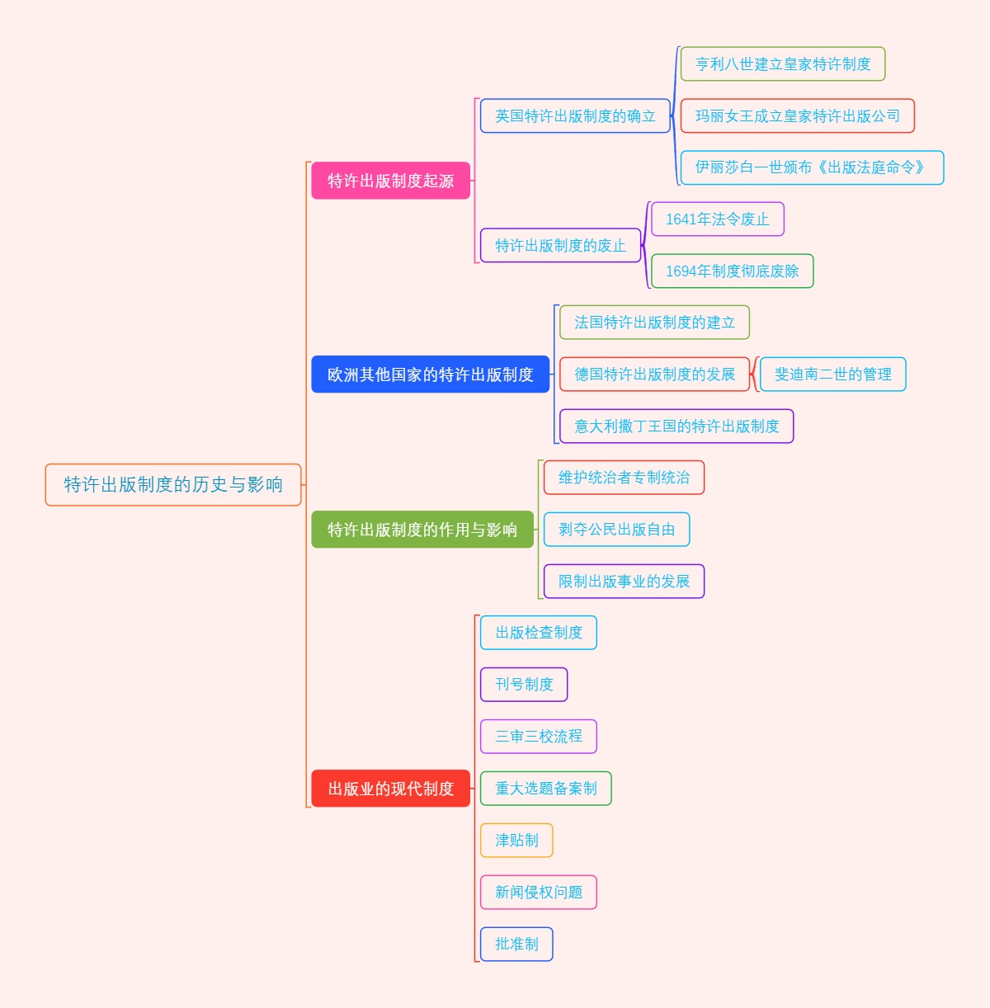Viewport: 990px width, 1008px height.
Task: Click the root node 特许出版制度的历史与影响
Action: point(173,484)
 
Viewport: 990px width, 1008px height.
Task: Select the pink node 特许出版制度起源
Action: point(390,181)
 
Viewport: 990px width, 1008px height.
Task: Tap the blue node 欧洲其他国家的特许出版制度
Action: point(430,374)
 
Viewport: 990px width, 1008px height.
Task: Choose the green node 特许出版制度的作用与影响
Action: point(422,530)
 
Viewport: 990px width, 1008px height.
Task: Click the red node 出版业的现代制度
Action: point(390,789)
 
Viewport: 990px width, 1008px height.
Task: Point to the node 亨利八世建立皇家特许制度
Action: point(782,64)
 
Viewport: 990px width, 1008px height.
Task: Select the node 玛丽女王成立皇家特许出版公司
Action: point(797,116)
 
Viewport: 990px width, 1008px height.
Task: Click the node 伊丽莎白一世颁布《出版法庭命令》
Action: point(812,167)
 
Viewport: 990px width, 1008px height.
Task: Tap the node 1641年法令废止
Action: point(717,219)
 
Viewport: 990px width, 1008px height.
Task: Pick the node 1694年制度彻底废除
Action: point(732,271)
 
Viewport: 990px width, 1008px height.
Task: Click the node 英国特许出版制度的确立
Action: point(575,116)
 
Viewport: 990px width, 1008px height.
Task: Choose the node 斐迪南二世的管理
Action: point(832,374)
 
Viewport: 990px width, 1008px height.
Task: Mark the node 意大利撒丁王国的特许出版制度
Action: point(676,426)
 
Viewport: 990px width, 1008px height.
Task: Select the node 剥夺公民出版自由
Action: point(616,530)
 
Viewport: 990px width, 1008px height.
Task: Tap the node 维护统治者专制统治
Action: point(624,478)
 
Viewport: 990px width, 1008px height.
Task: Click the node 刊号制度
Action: point(524,685)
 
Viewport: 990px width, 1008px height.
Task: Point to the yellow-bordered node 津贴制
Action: point(516,841)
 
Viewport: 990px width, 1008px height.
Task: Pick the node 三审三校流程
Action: point(538,737)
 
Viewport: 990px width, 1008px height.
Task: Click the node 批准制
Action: point(516,944)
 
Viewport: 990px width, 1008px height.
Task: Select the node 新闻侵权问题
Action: point(538,893)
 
